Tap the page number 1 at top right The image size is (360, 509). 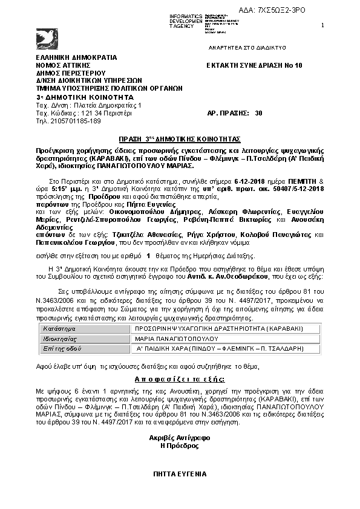tap(322, 25)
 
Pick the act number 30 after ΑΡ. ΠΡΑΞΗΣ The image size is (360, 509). tap(259, 113)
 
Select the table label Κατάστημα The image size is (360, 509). tap(57, 329)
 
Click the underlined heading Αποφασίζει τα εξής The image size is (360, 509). tap(180, 379)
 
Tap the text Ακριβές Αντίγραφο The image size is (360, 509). tap(179, 437)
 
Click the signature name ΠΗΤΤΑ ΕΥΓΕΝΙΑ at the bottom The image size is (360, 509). tap(180, 475)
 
